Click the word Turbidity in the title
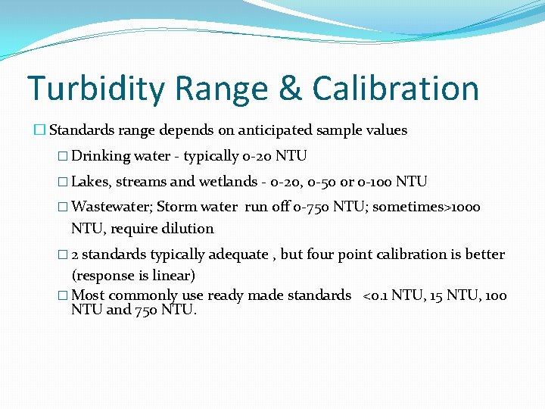click(97, 89)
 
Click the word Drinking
click(101, 156)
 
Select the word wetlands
click(234, 182)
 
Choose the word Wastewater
click(111, 207)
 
